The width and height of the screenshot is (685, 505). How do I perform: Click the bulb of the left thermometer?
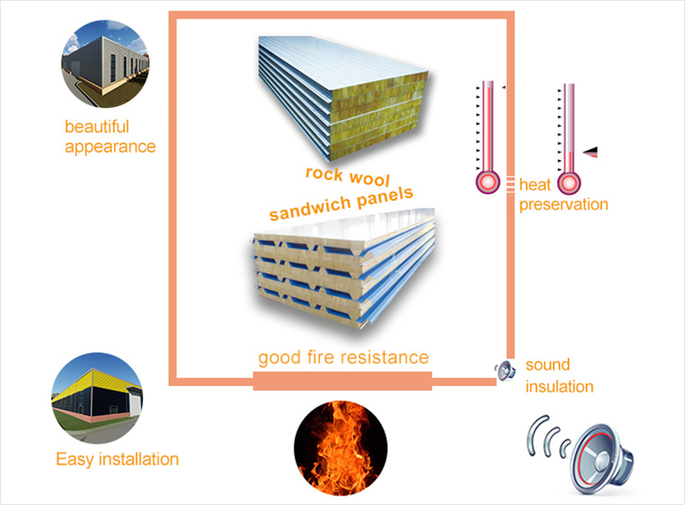point(487,182)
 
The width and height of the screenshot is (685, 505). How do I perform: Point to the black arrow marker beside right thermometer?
point(590,151)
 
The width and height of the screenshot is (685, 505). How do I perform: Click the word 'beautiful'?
point(97,127)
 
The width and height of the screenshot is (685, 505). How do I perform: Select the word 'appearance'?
point(110,146)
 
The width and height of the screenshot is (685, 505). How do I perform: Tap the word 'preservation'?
point(563,205)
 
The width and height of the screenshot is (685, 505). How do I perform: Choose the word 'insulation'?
point(559,386)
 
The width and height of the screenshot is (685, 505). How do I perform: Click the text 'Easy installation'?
point(117,460)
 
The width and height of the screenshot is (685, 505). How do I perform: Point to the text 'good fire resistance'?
point(343,356)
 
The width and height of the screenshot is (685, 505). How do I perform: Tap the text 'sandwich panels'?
point(342,203)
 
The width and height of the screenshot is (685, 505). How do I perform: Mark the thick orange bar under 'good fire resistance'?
point(342,381)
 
